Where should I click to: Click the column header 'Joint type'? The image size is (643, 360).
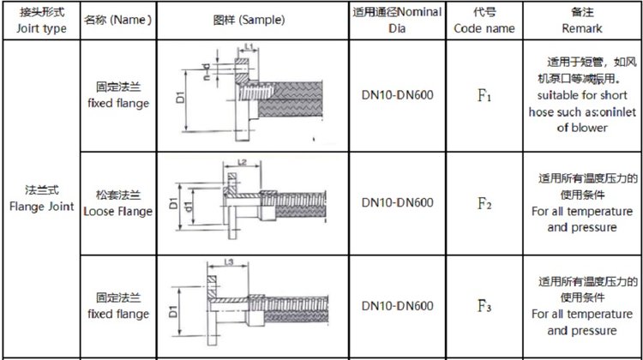pos(40,21)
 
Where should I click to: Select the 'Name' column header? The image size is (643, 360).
pos(119,20)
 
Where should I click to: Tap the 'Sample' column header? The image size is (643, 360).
pos(249,20)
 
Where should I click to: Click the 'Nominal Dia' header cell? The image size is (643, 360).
pos(396,20)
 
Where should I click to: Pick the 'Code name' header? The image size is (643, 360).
pos(484,21)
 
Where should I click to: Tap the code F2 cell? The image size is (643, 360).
pos(484,204)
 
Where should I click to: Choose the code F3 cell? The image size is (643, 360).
pos(484,306)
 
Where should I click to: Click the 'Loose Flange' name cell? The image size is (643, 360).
pos(119,204)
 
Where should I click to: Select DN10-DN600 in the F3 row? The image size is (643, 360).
pos(396,306)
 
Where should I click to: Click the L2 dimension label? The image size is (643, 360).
pos(242,162)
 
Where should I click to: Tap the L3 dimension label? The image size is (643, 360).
pos(228,263)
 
